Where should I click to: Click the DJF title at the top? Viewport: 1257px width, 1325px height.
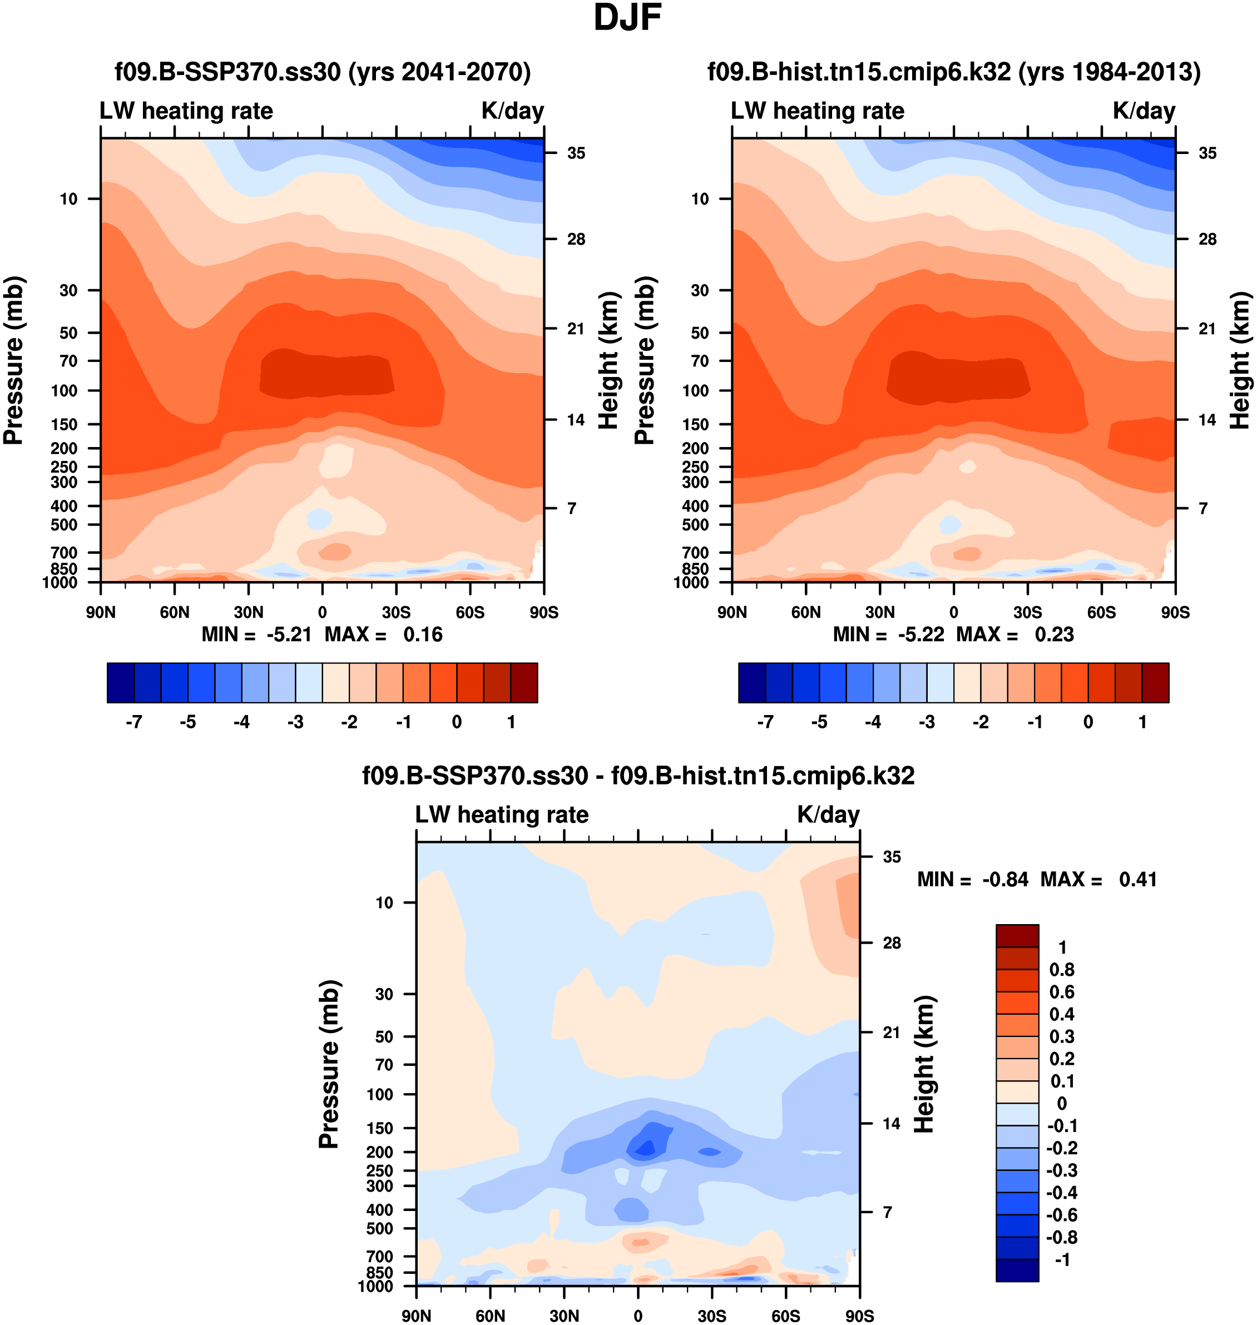(x=627, y=19)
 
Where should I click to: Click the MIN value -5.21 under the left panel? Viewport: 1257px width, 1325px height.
(x=289, y=634)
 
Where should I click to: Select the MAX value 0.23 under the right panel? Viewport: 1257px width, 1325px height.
(x=1054, y=634)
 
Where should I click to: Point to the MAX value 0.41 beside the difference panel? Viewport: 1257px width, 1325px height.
(x=1138, y=880)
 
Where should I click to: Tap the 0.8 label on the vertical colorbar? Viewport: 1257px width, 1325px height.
(x=1061, y=970)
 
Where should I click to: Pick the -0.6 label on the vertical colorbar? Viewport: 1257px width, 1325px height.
(x=1061, y=1215)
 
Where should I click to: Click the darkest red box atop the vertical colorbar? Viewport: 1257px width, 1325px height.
(x=1017, y=935)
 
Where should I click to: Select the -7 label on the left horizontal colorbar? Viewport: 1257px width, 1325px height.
(x=133, y=722)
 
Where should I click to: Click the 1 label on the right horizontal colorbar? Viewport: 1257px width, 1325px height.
(x=1142, y=722)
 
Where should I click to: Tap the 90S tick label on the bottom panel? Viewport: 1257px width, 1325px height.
(x=859, y=1316)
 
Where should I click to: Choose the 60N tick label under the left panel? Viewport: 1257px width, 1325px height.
(x=175, y=612)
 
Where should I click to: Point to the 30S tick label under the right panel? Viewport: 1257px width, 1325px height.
(x=1027, y=612)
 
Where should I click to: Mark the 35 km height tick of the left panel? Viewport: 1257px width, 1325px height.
(x=576, y=153)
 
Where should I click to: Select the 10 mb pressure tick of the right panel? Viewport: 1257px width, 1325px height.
(x=700, y=199)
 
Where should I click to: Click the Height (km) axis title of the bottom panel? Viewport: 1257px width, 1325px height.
(x=924, y=1064)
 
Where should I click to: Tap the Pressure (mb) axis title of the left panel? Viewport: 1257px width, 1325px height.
(x=14, y=360)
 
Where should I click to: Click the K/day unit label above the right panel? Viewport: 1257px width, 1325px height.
(x=1144, y=111)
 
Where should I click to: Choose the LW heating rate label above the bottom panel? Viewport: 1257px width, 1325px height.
(x=502, y=815)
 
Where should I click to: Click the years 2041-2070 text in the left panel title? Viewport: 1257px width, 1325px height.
(x=440, y=72)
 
